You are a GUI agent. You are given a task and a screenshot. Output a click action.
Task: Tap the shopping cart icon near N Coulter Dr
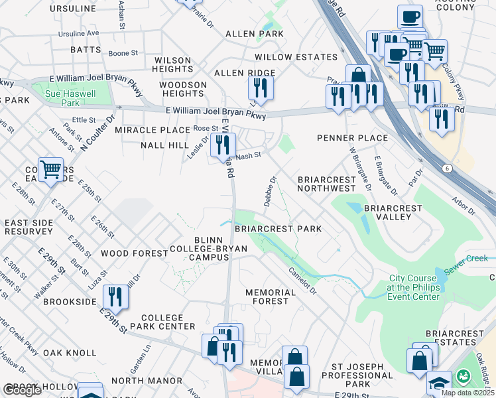click(50, 170)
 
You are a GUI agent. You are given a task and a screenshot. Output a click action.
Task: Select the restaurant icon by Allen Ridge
click(261, 88)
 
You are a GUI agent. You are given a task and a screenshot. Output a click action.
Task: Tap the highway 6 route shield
click(448, 169)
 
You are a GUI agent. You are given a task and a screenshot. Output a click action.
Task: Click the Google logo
click(22, 390)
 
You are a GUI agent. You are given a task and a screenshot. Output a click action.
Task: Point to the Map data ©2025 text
click(467, 393)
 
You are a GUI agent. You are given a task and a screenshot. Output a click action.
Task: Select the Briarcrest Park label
click(278, 229)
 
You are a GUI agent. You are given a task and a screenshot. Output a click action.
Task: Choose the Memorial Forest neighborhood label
click(270, 297)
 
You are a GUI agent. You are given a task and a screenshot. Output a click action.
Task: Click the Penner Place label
click(352, 138)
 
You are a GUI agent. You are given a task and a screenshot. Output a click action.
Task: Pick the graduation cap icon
click(438, 383)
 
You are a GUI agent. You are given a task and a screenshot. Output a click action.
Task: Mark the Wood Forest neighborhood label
click(135, 253)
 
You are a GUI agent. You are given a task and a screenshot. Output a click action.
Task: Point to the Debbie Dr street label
click(271, 191)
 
